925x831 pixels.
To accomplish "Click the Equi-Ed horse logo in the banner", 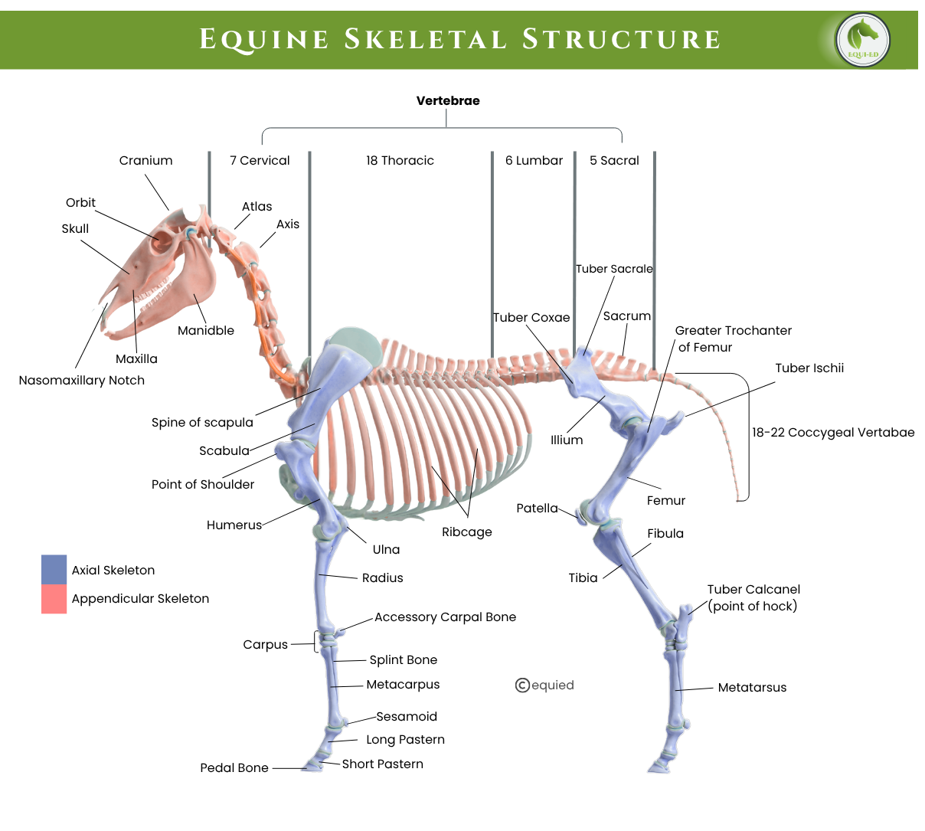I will pos(863,39).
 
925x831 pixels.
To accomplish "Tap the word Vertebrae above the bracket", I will pos(448,100).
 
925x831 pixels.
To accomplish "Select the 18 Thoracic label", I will pos(400,160).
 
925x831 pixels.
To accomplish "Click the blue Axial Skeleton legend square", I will pos(54,569).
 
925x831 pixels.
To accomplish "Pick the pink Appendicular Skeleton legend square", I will pos(54,599).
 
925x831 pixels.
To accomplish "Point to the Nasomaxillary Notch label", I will pos(82,380).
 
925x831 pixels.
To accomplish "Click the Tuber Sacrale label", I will pos(614,269).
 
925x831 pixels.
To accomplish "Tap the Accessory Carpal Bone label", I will pos(445,617).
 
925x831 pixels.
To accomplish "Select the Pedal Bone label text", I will pos(234,767).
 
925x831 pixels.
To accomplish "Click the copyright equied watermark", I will pos(544,685).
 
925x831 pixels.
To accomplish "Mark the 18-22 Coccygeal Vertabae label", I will pos(833,432).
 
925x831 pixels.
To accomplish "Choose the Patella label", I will pos(537,508).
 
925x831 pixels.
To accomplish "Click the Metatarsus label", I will pos(752,687).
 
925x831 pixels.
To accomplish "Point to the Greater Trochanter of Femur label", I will pos(733,339).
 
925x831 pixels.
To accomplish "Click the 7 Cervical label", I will pos(260,160).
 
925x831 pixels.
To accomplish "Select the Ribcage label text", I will pos(467,532).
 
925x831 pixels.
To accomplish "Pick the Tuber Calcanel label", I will pos(753,597).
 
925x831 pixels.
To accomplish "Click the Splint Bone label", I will pos(403,659).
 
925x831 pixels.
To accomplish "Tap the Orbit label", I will pos(80,202).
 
